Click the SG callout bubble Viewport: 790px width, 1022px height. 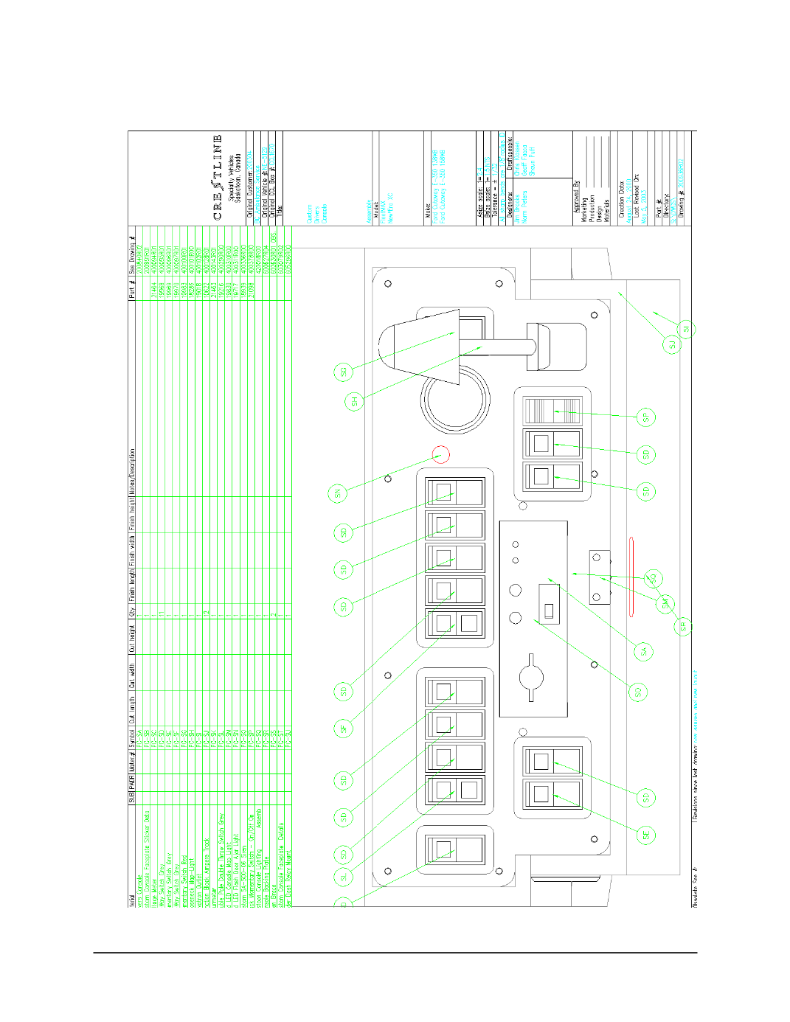click(343, 372)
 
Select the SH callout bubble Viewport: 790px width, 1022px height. click(354, 402)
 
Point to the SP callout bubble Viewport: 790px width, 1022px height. click(645, 417)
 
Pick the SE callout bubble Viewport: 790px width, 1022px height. click(645, 835)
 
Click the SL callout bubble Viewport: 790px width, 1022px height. click(343, 877)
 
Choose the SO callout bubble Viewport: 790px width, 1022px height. click(639, 691)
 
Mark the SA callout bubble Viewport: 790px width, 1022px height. click(644, 651)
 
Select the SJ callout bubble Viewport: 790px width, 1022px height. click(672, 344)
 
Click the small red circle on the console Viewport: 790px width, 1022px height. click(440, 455)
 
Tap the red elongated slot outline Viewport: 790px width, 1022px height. click(631, 576)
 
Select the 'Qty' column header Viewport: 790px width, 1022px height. click(132, 611)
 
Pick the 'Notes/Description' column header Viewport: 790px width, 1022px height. click(132, 473)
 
